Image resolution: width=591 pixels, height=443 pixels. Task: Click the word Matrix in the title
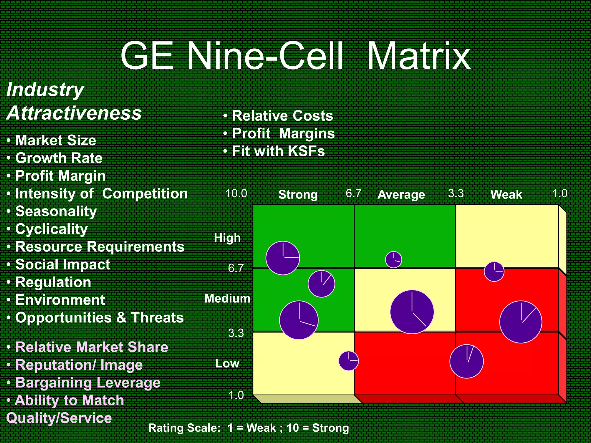tap(418, 56)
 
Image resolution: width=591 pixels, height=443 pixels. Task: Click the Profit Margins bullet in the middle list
tap(283, 134)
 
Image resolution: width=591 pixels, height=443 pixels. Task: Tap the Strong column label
tap(298, 195)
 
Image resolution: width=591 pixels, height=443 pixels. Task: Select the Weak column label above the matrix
tap(506, 195)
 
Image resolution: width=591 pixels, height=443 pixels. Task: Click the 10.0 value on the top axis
tap(236, 194)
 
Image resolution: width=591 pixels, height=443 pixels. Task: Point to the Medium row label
tap(227, 299)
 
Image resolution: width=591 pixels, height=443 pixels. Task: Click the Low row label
tap(227, 364)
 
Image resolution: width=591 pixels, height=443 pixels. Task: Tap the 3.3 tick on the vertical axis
tap(236, 333)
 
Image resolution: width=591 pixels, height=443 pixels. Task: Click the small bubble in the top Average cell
tap(393, 260)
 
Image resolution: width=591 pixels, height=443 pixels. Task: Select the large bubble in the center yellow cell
tap(412, 312)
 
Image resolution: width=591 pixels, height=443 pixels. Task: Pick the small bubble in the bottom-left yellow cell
tap(349, 361)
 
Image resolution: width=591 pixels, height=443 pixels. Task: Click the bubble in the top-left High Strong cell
tap(283, 258)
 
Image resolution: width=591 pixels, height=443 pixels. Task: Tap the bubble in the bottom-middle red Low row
tap(466, 361)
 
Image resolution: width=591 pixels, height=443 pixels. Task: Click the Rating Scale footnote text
tap(248, 428)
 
